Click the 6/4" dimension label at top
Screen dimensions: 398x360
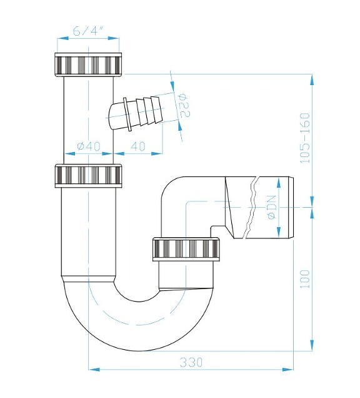point(87,29)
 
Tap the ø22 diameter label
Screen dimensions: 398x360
point(184,107)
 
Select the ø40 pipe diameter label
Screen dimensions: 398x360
point(89,146)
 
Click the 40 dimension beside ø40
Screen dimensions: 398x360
point(139,146)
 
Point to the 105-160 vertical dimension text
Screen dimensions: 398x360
point(305,138)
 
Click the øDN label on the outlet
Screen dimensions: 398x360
point(272,207)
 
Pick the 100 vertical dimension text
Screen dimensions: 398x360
point(305,278)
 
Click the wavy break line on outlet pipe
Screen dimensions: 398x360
point(252,207)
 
